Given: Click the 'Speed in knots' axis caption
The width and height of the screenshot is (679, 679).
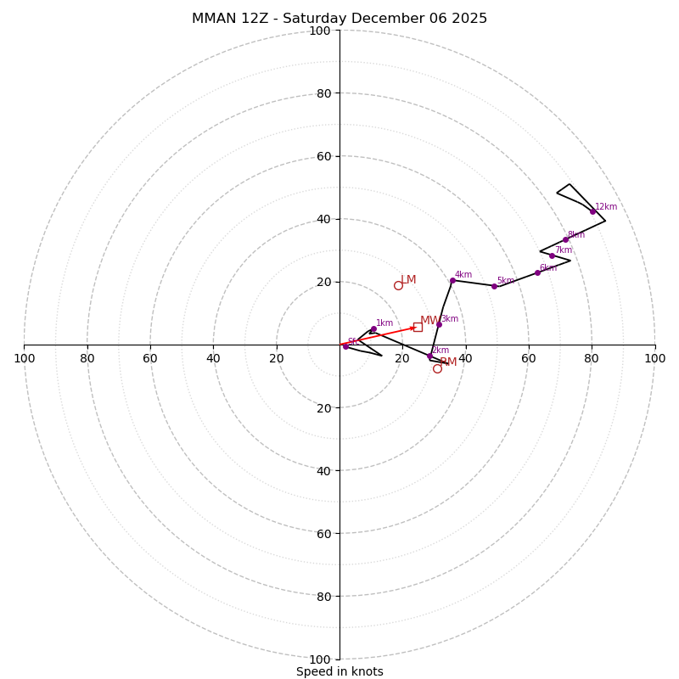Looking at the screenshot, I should tap(339, 671).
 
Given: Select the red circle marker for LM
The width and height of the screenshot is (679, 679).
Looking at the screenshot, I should tap(398, 285).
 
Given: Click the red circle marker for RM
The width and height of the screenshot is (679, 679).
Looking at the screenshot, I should tap(437, 368).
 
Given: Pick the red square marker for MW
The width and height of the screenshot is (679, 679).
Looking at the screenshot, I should tap(418, 327).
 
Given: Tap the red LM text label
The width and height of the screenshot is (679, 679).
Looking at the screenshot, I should tap(408, 280).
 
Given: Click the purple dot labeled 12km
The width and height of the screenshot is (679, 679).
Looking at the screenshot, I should tap(592, 211).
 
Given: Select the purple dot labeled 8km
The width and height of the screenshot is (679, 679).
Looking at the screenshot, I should tap(565, 239).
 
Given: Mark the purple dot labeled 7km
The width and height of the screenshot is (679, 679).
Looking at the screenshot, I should tap(552, 255).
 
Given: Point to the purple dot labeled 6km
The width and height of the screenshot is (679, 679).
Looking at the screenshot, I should tap(537, 272).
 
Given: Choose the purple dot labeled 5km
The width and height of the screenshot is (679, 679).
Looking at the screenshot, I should tap(494, 286).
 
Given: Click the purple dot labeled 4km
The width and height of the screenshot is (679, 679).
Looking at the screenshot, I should tap(452, 280).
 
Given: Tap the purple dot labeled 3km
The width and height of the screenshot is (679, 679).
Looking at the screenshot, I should tap(439, 324).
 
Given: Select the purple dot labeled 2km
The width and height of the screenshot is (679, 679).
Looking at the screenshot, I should tap(429, 356).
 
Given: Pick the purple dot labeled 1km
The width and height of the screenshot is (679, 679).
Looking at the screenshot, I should tap(373, 328).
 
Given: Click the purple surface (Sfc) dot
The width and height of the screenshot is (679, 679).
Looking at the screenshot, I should tap(345, 346).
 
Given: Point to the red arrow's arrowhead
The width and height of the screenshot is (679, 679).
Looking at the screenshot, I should tap(413, 328).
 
